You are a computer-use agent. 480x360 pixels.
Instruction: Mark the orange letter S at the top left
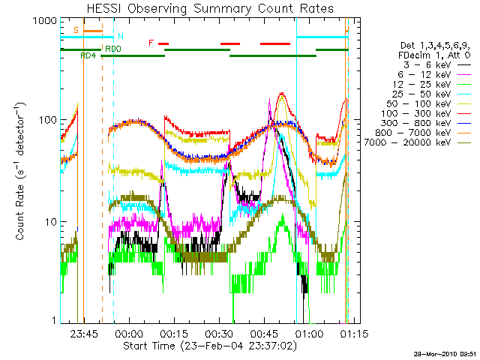(x=76, y=30)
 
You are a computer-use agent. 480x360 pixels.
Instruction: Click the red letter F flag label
(x=151, y=43)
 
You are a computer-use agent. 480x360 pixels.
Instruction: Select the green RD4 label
(x=88, y=55)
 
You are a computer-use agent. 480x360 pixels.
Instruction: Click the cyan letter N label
(x=120, y=36)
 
